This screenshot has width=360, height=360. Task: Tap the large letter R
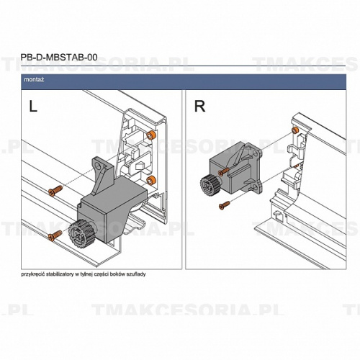click(199, 107)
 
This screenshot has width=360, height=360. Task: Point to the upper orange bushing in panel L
click(151, 135)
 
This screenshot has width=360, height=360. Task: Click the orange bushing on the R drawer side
click(294, 130)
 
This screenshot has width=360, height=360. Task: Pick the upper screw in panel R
click(225, 171)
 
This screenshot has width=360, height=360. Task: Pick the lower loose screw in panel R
click(224, 204)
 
